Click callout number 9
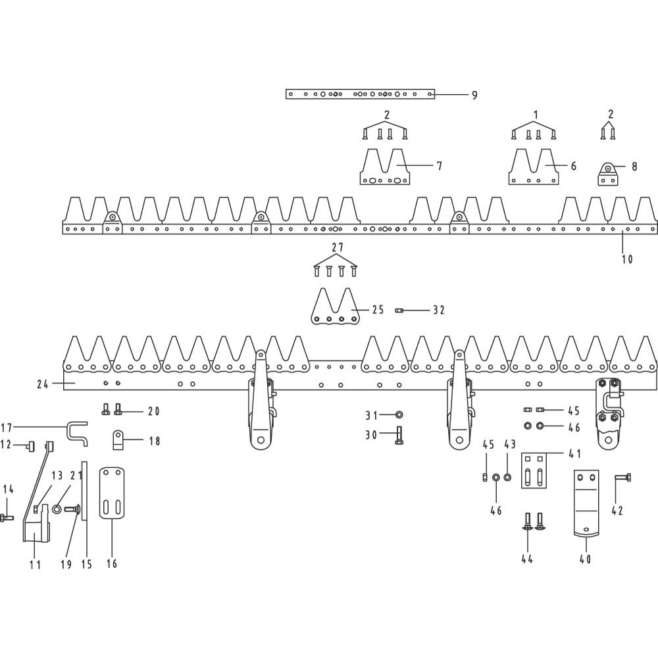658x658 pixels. click(474, 95)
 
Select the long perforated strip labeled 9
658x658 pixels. click(360, 94)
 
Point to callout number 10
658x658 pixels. click(627, 259)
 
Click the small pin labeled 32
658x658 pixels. click(399, 311)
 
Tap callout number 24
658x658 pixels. click(42, 384)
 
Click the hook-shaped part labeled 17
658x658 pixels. click(77, 433)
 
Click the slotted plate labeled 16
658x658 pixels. click(112, 493)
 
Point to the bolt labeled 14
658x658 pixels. click(7, 518)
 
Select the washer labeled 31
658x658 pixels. click(399, 415)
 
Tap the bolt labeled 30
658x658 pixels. click(399, 436)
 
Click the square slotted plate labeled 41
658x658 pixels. click(534, 470)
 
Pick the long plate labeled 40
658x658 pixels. click(586, 503)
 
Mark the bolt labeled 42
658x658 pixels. click(623, 478)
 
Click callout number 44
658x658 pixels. click(527, 559)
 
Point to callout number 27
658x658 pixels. click(338, 247)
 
